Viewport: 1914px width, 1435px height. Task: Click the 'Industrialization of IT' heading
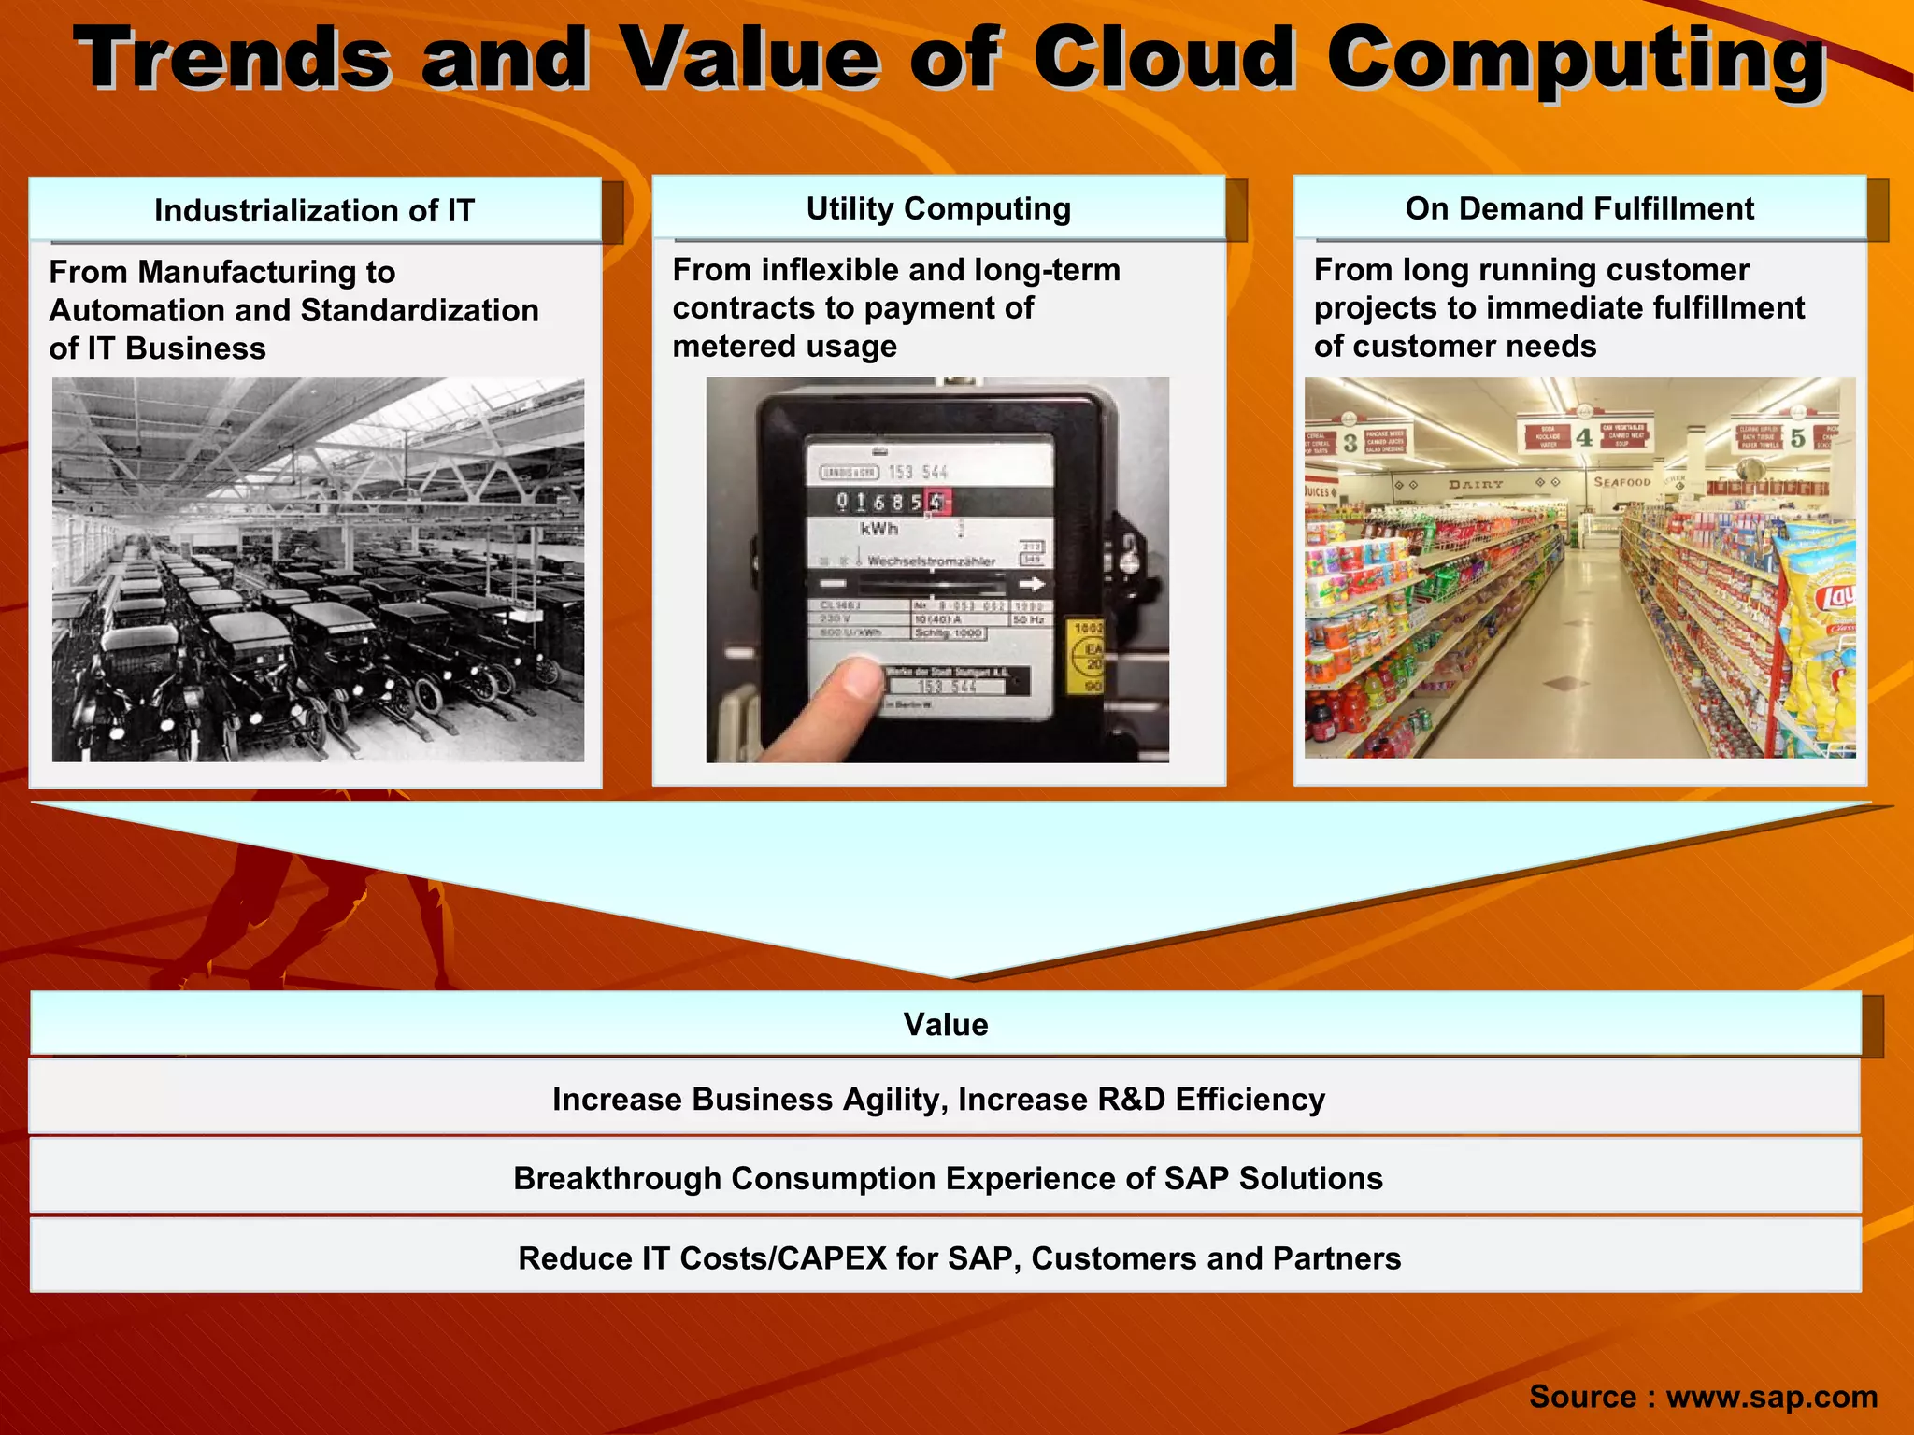coord(314,211)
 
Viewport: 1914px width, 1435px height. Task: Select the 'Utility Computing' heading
coord(938,208)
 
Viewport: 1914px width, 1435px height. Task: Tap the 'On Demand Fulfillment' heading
coord(1579,208)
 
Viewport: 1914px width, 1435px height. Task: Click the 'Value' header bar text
coord(946,1025)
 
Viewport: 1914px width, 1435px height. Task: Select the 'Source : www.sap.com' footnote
coord(1703,1396)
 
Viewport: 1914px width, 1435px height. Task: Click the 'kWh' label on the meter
coord(878,529)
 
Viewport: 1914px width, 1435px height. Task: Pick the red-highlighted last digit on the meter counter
coord(936,502)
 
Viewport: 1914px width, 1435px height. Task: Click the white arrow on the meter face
coord(1031,585)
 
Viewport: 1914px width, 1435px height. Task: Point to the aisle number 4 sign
coord(1584,437)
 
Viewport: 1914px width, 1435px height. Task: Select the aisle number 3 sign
coord(1350,443)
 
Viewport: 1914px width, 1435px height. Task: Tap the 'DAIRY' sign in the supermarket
coord(1476,484)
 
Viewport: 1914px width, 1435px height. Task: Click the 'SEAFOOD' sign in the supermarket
coord(1621,482)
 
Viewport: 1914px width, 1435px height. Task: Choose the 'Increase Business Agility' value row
coord(938,1100)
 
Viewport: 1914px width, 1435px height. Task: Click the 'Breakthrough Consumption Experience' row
coord(948,1179)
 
